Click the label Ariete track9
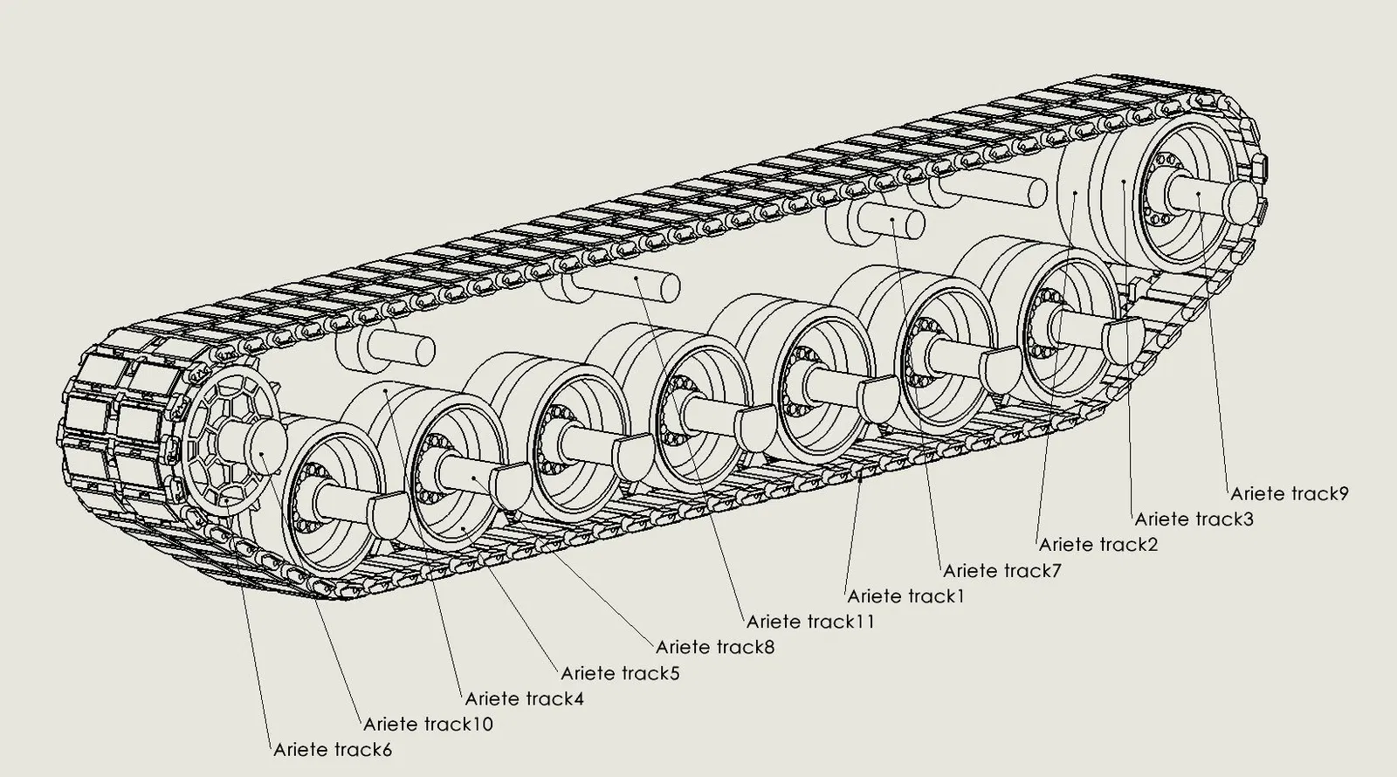pyautogui.click(x=1290, y=493)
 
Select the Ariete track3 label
pyautogui.click(x=1194, y=519)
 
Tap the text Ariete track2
pyautogui.click(x=1098, y=545)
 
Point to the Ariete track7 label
pyautogui.click(x=1001, y=571)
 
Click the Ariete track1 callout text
pyautogui.click(x=905, y=596)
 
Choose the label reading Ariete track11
pyautogui.click(x=809, y=622)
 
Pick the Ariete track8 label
pyautogui.click(x=714, y=647)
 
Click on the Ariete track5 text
pyautogui.click(x=620, y=673)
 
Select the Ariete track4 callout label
pyautogui.click(x=524, y=698)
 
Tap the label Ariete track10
pyautogui.click(x=428, y=724)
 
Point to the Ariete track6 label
pyautogui.click(x=333, y=749)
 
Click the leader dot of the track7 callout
pyautogui.click(x=892, y=220)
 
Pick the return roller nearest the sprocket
pyautogui.click(x=384, y=347)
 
